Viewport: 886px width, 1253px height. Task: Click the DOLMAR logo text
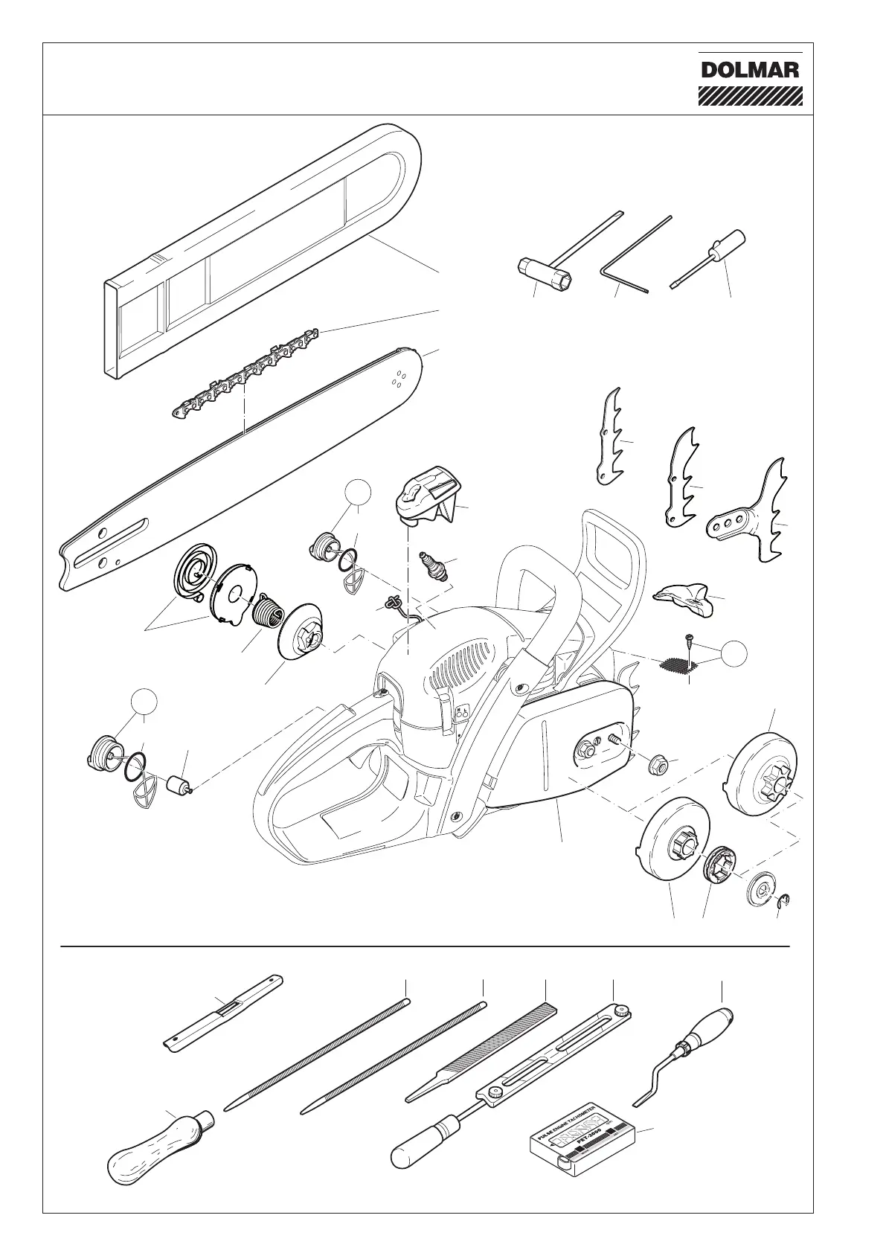(x=750, y=71)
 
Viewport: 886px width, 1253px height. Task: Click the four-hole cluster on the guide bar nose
(x=398, y=379)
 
